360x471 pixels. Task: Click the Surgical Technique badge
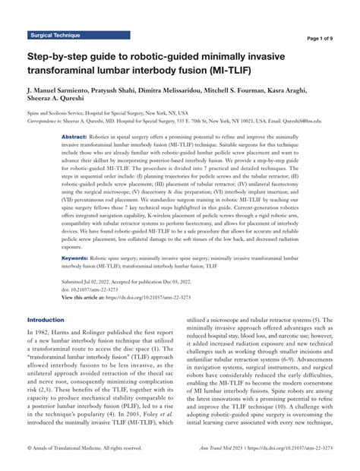57,36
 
